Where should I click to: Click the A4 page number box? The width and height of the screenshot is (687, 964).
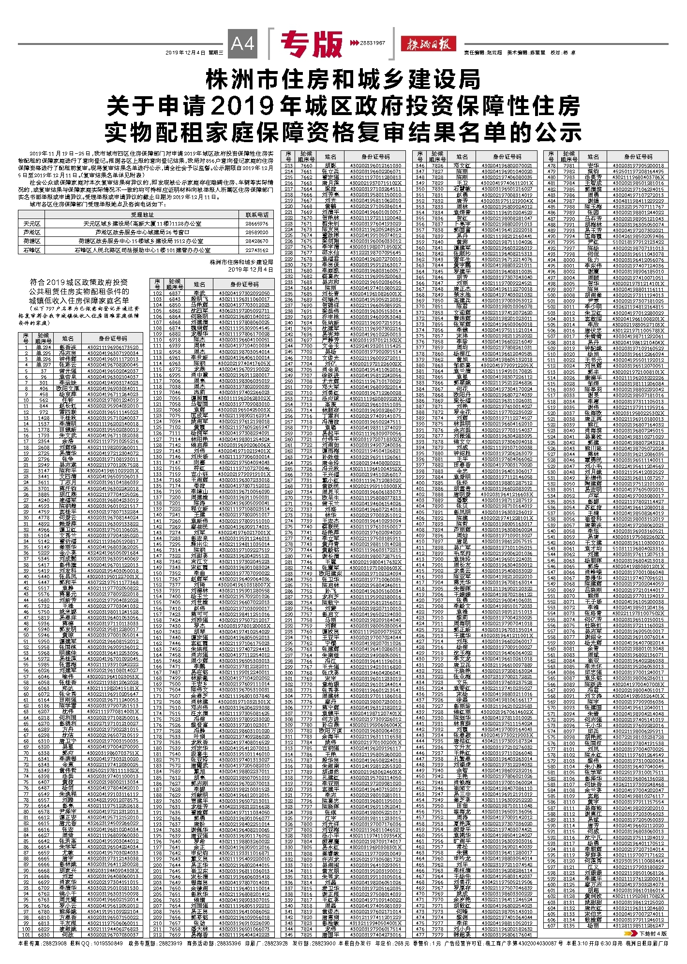point(242,44)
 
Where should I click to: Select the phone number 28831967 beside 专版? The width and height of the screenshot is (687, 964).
point(372,43)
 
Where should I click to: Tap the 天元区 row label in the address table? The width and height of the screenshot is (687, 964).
point(32,224)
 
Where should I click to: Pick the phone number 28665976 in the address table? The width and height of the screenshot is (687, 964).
point(256,224)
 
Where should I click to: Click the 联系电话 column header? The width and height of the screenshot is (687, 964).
point(256,215)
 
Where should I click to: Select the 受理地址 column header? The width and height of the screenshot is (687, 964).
point(142,215)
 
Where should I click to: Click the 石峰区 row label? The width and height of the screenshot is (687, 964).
point(32,250)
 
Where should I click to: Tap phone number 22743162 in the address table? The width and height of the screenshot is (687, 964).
point(256,250)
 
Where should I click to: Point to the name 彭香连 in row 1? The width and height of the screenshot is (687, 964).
point(68,348)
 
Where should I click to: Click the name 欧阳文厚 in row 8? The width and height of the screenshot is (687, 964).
point(68,388)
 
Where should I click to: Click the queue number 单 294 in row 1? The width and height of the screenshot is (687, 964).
point(43,348)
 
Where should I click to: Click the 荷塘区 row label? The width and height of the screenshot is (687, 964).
point(32,241)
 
